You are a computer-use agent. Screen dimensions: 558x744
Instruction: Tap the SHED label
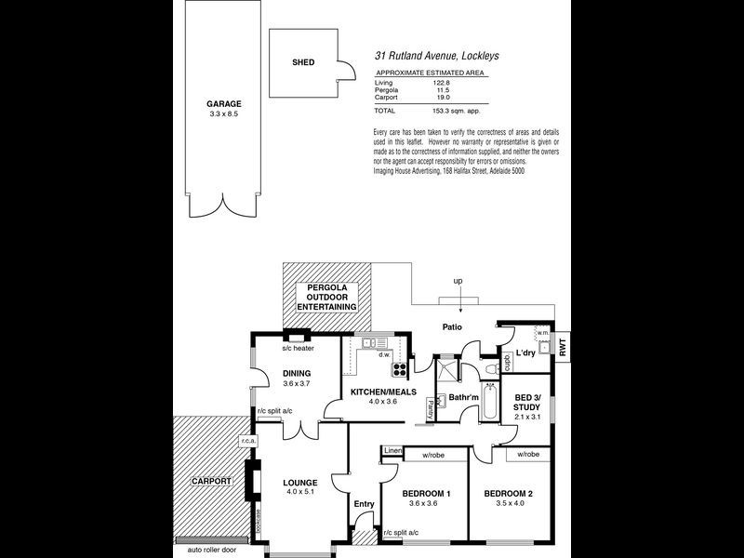point(303,62)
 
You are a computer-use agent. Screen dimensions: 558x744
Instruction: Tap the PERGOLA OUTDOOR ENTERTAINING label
point(325,297)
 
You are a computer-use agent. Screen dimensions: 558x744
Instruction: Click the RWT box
point(563,344)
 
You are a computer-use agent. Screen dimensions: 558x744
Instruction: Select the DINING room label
point(297,374)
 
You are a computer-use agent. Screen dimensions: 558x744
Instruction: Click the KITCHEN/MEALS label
point(383,392)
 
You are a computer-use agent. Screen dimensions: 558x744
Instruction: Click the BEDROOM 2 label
point(511,493)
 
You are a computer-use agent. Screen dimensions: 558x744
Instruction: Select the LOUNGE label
point(301,482)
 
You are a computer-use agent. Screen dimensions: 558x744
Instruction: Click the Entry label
point(364,504)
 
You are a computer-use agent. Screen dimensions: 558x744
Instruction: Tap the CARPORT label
point(211,482)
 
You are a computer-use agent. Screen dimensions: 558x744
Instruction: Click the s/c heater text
point(298,350)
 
